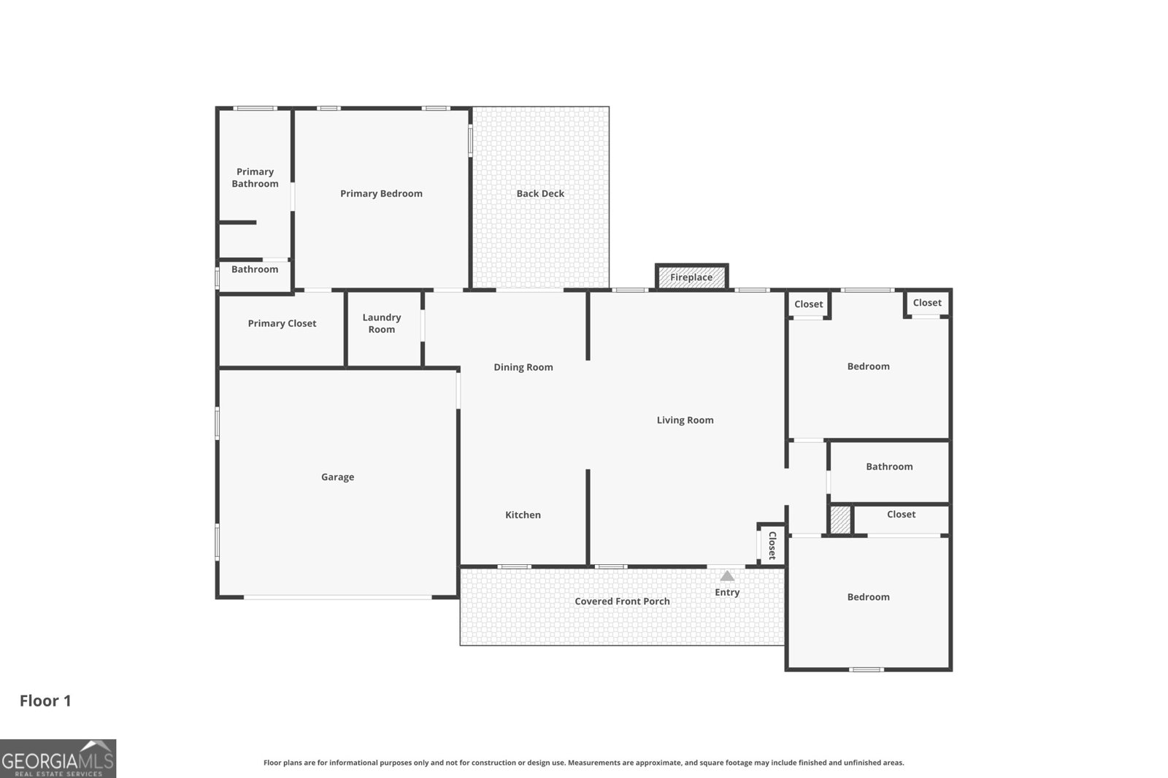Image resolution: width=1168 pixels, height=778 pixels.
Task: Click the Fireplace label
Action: (x=691, y=277)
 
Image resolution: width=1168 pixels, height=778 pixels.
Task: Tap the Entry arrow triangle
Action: (x=727, y=576)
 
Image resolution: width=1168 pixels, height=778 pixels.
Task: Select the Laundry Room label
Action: (x=381, y=323)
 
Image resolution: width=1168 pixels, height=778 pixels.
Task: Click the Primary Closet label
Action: (x=282, y=323)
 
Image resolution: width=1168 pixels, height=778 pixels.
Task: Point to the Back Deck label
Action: (x=540, y=193)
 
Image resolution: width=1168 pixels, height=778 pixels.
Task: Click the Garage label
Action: (x=337, y=477)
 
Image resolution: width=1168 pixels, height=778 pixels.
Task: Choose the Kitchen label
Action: (x=523, y=515)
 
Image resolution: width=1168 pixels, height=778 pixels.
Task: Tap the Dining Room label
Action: (x=523, y=367)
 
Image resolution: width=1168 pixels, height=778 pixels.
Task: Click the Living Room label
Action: (x=685, y=420)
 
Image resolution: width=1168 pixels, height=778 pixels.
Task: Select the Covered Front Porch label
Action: (x=622, y=601)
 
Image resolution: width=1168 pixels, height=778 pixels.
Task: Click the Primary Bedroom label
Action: (x=381, y=193)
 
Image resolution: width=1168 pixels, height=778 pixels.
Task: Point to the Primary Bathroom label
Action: (x=255, y=177)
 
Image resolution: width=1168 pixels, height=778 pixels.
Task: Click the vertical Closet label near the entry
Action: (x=772, y=545)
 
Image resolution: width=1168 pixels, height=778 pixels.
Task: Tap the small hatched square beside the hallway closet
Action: (x=840, y=520)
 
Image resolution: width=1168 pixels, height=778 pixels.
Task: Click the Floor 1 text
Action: (x=45, y=701)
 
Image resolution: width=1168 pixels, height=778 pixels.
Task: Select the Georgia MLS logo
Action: (x=58, y=758)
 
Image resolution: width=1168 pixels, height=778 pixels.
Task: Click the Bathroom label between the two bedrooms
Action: (x=889, y=466)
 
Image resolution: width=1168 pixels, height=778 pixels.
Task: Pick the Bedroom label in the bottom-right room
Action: (x=868, y=597)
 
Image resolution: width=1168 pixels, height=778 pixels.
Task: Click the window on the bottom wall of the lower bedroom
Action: (x=867, y=669)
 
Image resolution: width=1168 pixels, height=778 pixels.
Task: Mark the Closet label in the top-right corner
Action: (x=926, y=302)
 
